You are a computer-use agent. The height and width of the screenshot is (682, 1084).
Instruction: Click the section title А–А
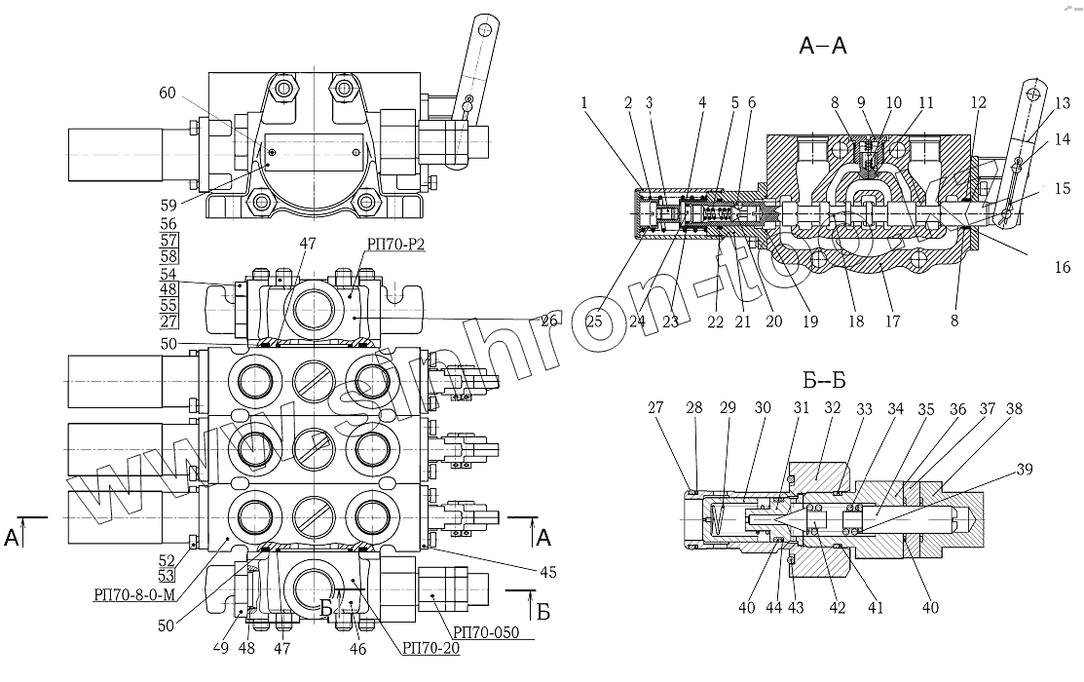pyautogui.click(x=824, y=45)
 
